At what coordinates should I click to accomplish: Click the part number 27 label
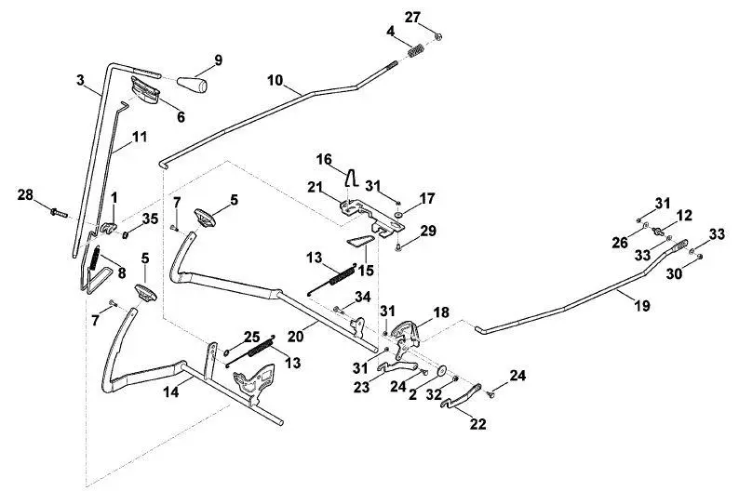pyautogui.click(x=412, y=17)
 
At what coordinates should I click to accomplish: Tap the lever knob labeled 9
pyautogui.click(x=193, y=84)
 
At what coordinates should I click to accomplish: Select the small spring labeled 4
pyautogui.click(x=416, y=50)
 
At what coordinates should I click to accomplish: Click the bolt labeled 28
pyautogui.click(x=59, y=214)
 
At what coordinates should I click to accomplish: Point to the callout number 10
pyautogui.click(x=275, y=80)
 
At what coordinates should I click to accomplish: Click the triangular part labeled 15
pyautogui.click(x=360, y=241)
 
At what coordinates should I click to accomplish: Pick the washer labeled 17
pyautogui.click(x=398, y=216)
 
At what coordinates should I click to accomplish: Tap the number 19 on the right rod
pyautogui.click(x=642, y=306)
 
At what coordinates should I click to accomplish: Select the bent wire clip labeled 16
pyautogui.click(x=351, y=178)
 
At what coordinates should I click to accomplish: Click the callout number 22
pyautogui.click(x=477, y=424)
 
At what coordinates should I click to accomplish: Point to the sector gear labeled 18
pyautogui.click(x=405, y=330)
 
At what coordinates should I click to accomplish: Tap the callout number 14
pyautogui.click(x=171, y=391)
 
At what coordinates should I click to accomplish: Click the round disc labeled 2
pyautogui.click(x=442, y=370)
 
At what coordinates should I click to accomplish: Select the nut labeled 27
pyautogui.click(x=437, y=36)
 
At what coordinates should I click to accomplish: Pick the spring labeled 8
pyautogui.click(x=94, y=258)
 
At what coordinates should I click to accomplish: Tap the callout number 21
pyautogui.click(x=315, y=187)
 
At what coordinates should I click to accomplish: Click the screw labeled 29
pyautogui.click(x=398, y=246)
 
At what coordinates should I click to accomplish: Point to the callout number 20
pyautogui.click(x=296, y=337)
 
